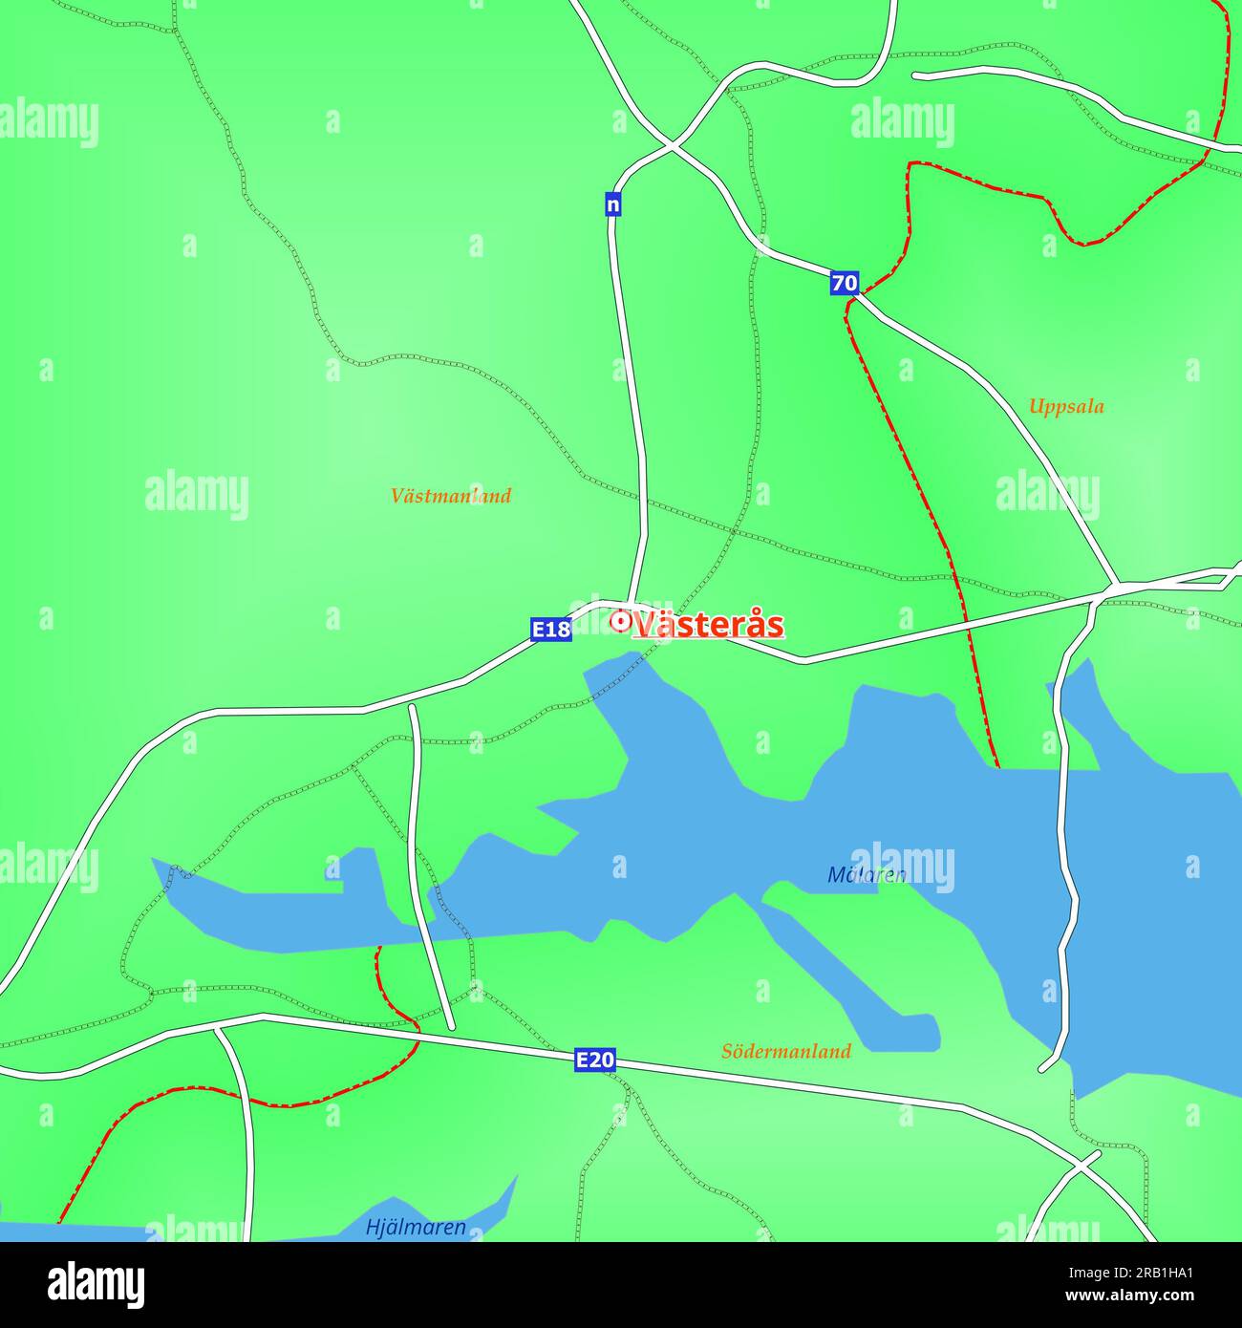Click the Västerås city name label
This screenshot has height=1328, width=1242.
tap(708, 625)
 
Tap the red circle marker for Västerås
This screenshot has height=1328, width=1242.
tap(620, 622)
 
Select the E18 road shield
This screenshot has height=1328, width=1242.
tap(551, 630)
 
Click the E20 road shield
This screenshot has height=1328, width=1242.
tap(594, 1060)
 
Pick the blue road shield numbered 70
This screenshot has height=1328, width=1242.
tap(845, 283)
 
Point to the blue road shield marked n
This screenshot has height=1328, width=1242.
tap(613, 203)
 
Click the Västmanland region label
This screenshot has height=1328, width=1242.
tap(451, 496)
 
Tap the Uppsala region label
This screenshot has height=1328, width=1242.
tap(1066, 407)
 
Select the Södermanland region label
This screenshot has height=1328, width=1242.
tap(785, 1052)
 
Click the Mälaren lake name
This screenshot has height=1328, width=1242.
tap(866, 875)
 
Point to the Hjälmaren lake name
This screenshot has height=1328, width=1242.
tap(416, 1228)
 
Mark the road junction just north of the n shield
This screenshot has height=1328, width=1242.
tap(673, 147)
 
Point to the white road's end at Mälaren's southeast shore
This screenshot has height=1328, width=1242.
tap(1044, 1067)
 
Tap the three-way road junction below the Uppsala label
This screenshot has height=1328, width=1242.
tap(1116, 583)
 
